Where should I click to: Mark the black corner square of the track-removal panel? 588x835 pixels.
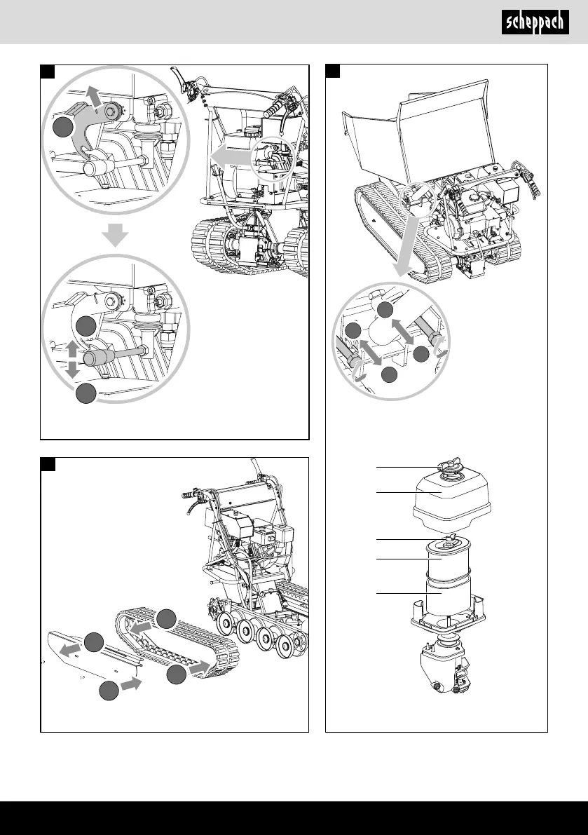pyautogui.click(x=48, y=465)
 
